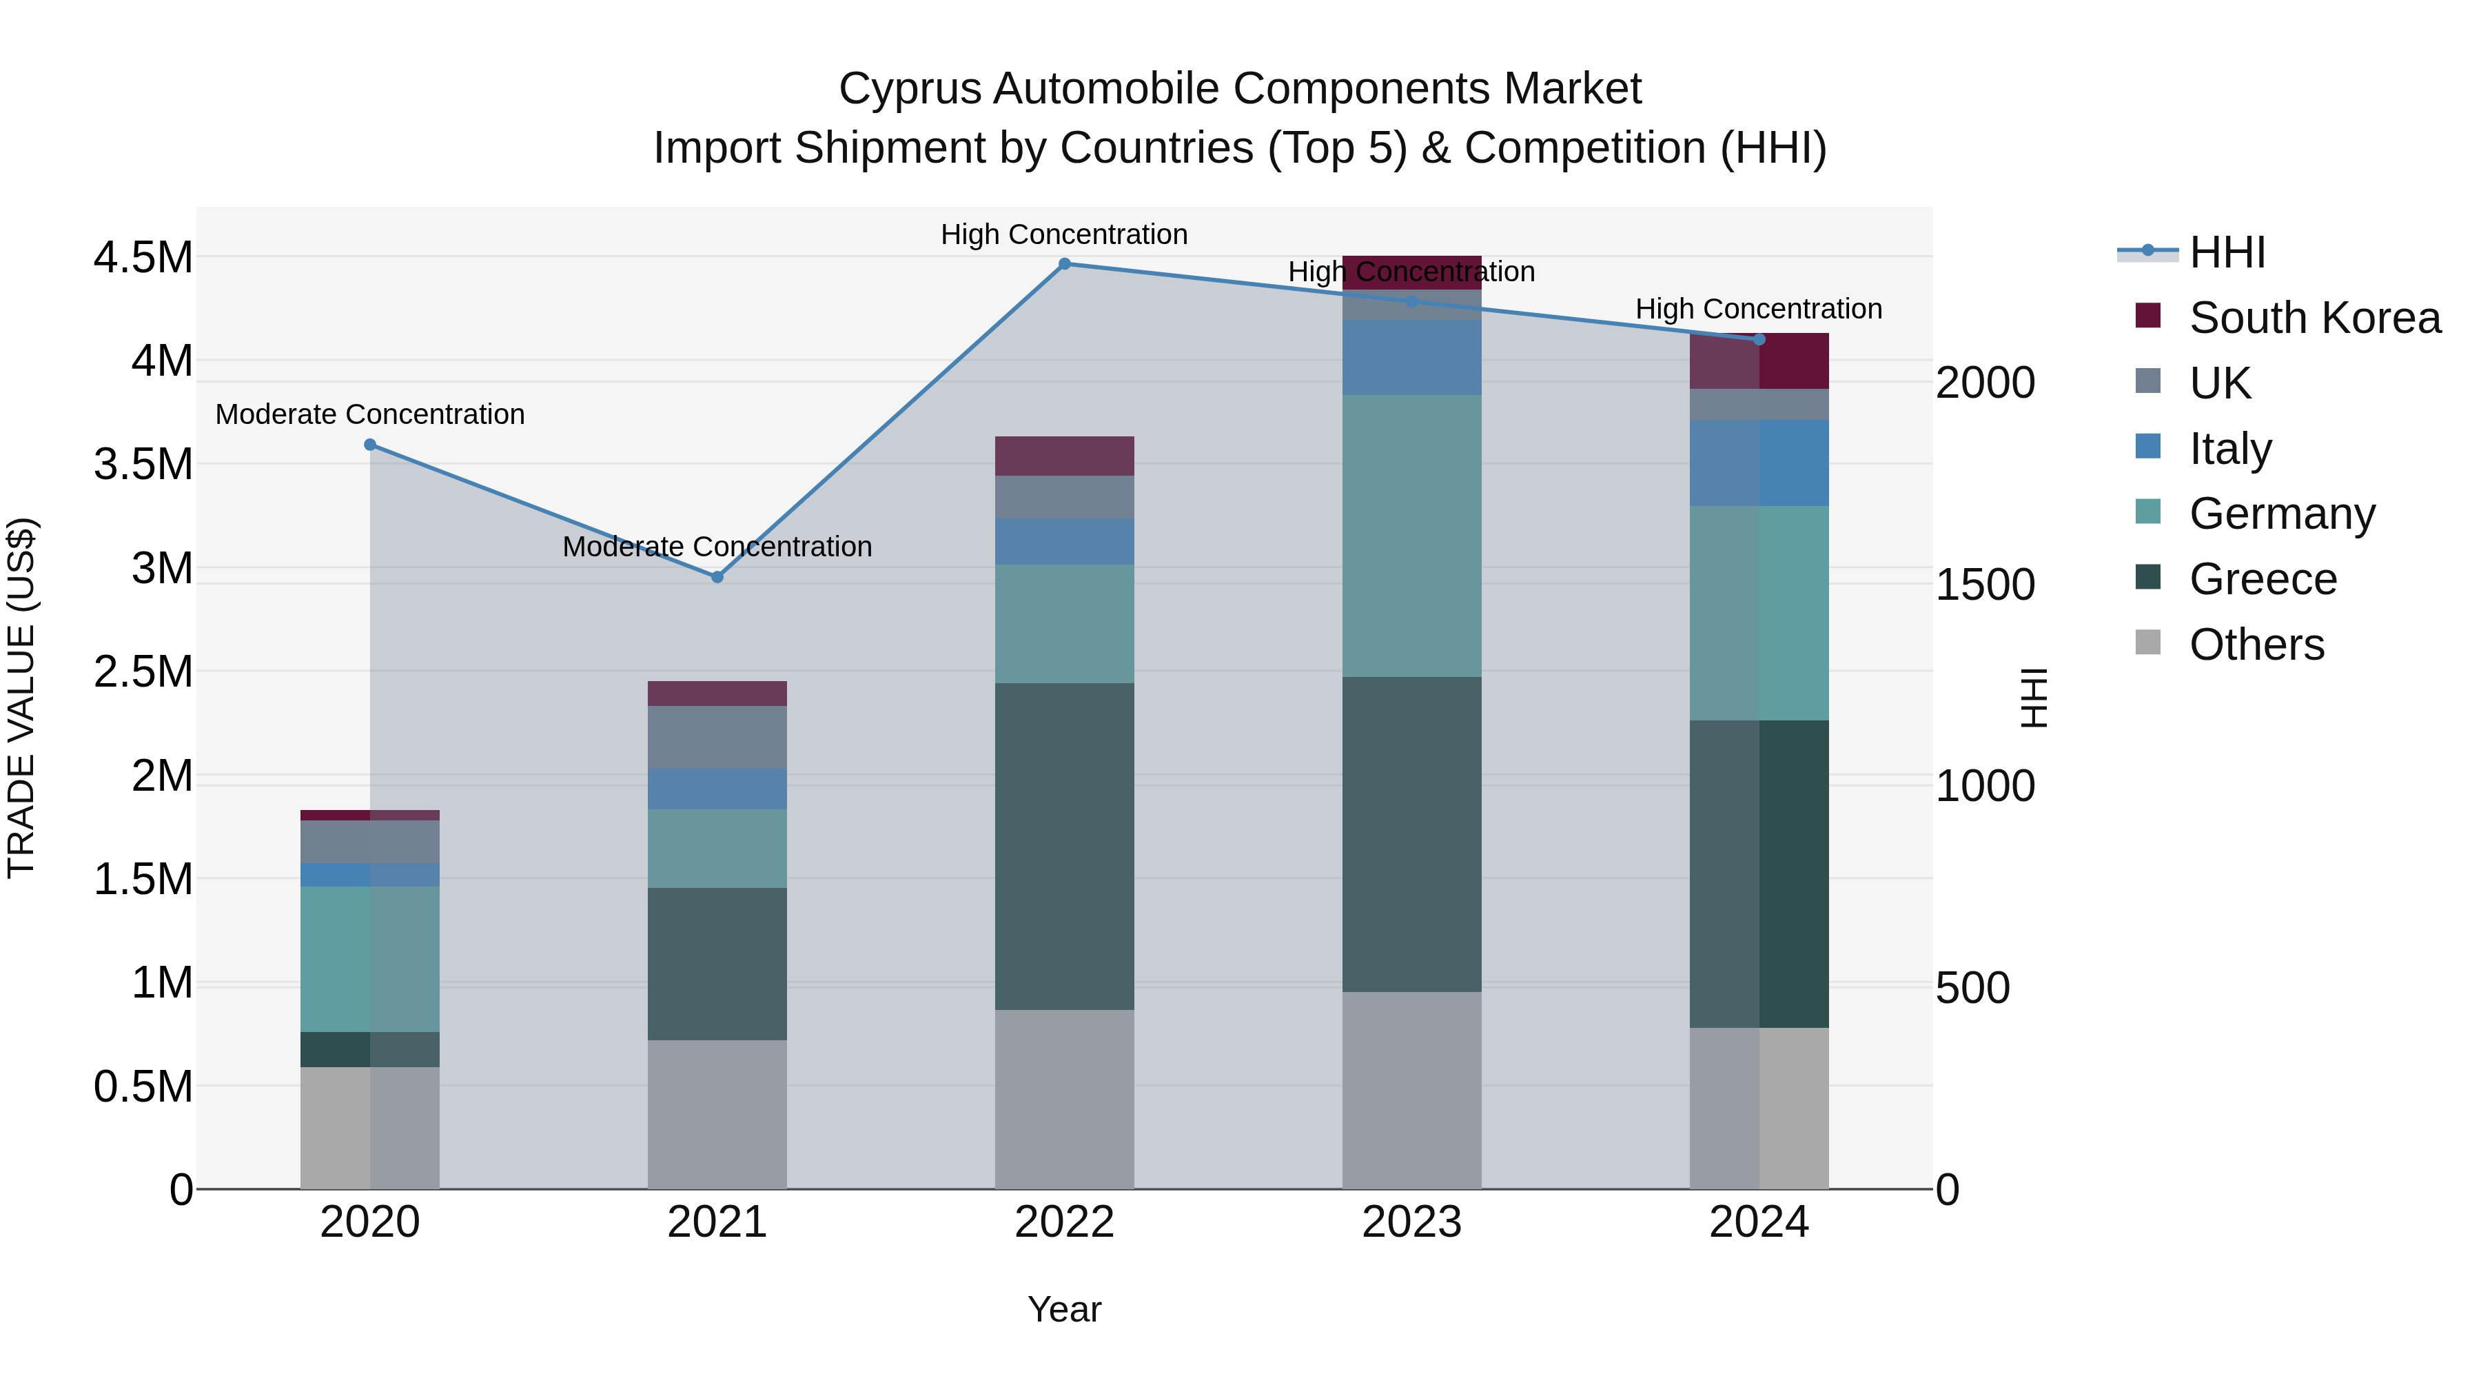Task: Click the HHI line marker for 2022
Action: [x=1064, y=264]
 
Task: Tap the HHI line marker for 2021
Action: [x=717, y=577]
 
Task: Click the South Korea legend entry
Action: [x=2314, y=318]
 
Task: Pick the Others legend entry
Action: [x=2256, y=645]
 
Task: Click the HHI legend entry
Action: [x=2226, y=252]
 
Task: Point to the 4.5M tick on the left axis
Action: [x=143, y=259]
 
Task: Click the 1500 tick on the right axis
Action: [x=1985, y=585]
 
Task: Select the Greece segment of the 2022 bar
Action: [x=1064, y=846]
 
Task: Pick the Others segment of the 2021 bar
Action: [x=717, y=1114]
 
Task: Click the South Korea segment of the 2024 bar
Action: [x=1759, y=361]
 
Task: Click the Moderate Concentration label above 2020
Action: [x=370, y=414]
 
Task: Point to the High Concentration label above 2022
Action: [x=1064, y=234]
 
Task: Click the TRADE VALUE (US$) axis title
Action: [x=21, y=698]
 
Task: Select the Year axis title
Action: [x=1064, y=1309]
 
